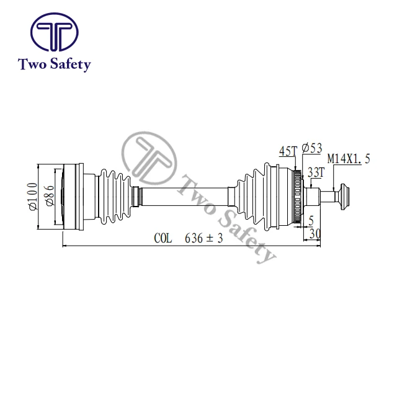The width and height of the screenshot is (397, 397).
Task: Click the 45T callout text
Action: pos(288,151)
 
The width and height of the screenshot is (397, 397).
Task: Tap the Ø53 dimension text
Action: pos(311,148)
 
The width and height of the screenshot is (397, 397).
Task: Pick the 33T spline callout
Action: pos(316,172)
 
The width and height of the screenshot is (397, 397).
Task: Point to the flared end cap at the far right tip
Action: pos(346,196)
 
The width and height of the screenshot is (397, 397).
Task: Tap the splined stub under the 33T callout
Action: pos(317,196)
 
